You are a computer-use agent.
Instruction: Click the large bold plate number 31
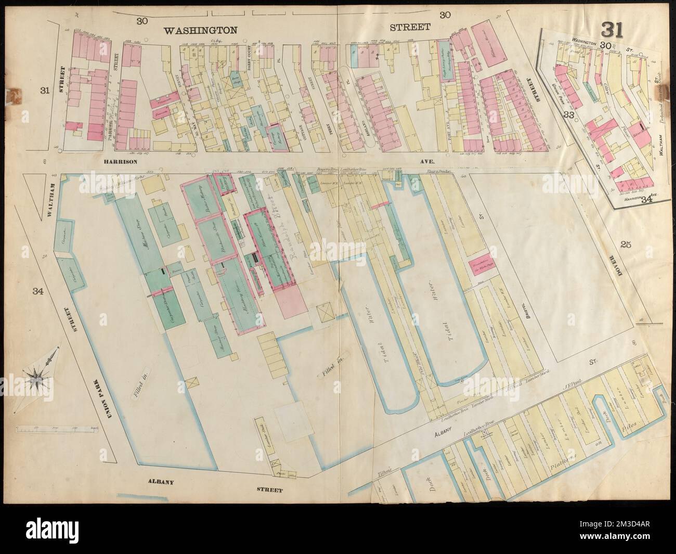(614, 29)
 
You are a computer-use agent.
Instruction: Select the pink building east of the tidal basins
(483, 263)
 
